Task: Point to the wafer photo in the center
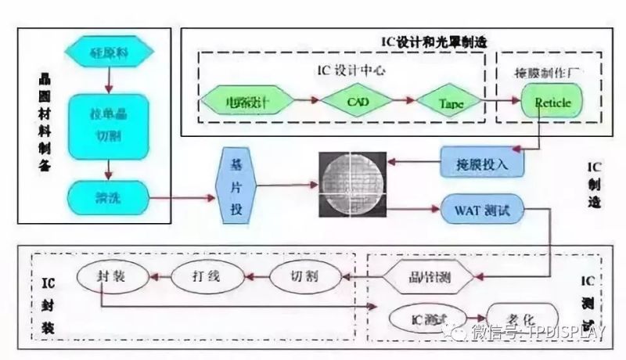pos(352,185)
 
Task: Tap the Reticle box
pos(552,102)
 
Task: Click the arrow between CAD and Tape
pos(401,102)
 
